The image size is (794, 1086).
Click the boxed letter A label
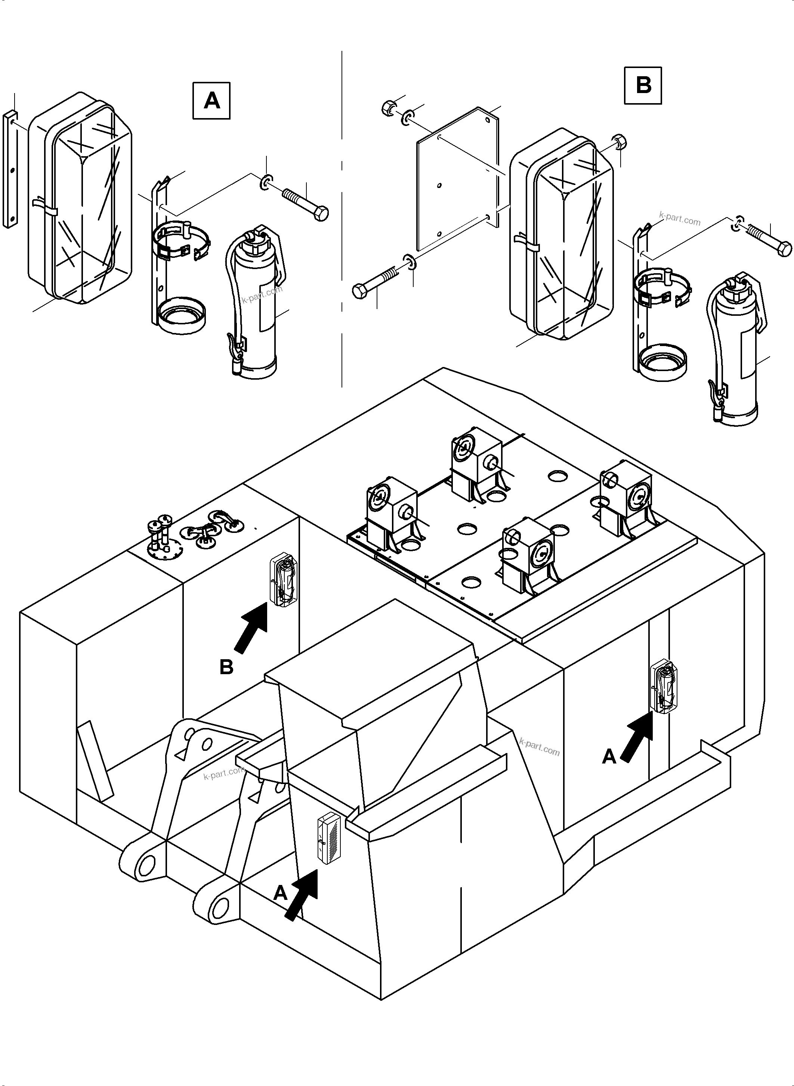click(211, 101)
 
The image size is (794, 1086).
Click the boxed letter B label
click(643, 86)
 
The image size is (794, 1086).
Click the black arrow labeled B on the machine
click(251, 627)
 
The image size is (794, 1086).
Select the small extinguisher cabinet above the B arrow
click(284, 579)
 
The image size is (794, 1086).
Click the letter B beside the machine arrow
click(226, 667)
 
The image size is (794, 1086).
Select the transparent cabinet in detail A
click(79, 197)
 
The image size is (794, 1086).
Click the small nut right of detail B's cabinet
click(620, 141)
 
